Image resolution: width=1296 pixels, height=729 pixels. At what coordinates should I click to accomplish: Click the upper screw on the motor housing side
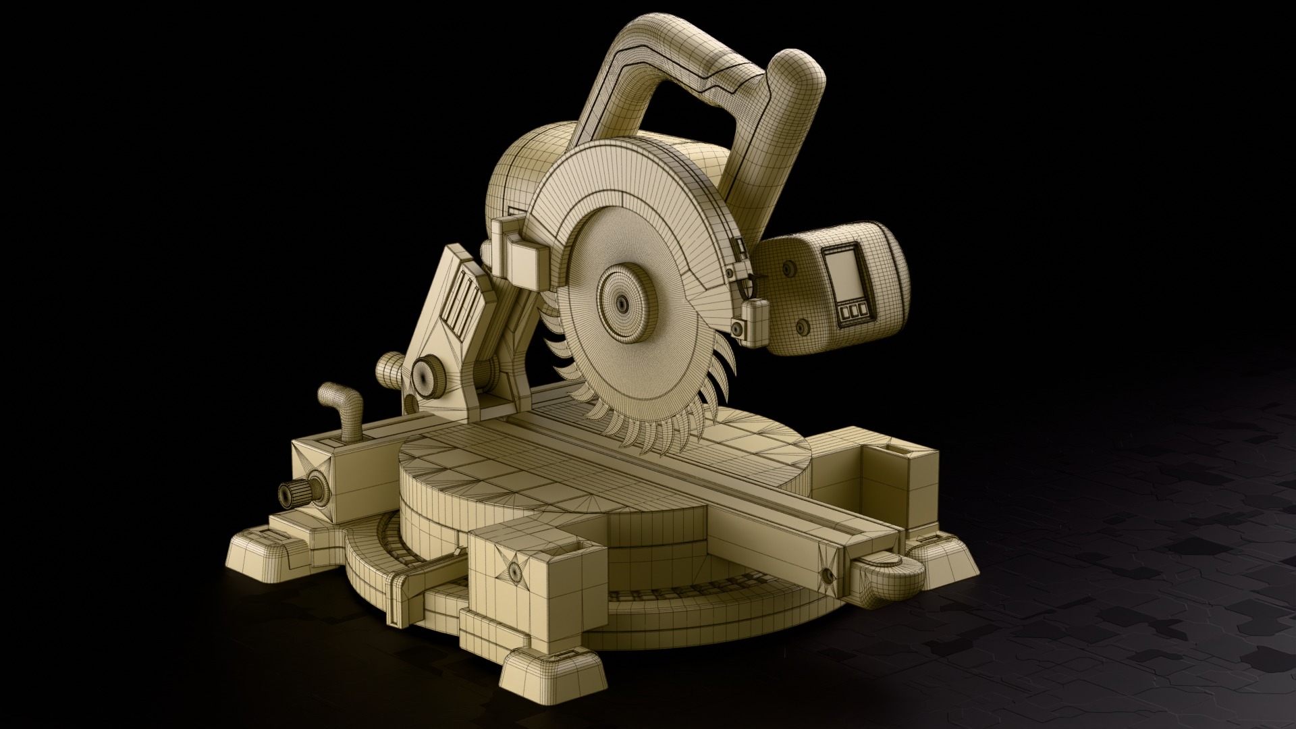pos(786,269)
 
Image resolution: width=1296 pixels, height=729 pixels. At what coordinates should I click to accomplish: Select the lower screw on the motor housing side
pos(802,326)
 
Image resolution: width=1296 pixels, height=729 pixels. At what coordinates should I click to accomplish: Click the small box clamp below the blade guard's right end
pos(755,317)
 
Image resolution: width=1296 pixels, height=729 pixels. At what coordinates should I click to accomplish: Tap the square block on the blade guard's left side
pos(523,262)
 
